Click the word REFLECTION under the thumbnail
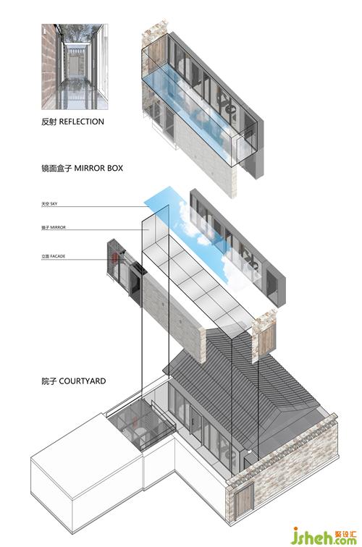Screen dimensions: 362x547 click(82, 122)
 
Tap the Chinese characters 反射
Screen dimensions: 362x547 click(49, 122)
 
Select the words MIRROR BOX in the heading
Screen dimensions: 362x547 click(98, 168)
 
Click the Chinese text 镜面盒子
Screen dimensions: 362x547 click(56, 168)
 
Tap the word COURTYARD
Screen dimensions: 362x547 click(83, 381)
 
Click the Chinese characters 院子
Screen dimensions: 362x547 click(49, 381)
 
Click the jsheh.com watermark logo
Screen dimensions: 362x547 click(324, 536)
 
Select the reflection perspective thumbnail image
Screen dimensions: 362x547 click(75, 67)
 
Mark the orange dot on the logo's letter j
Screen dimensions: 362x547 click(295, 529)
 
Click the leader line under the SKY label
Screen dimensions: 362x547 click(94, 206)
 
